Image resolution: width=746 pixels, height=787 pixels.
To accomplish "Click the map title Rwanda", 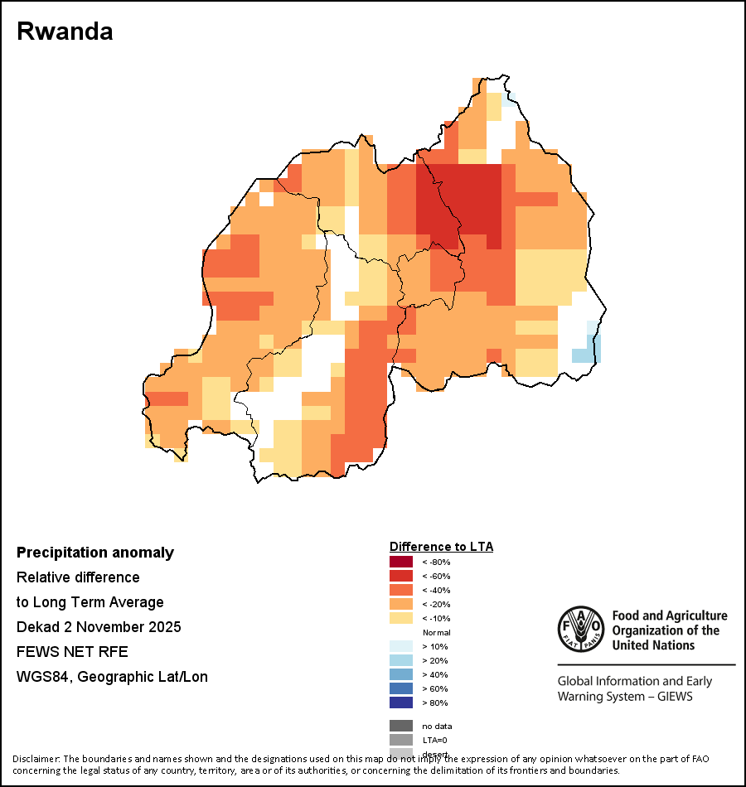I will [x=65, y=31].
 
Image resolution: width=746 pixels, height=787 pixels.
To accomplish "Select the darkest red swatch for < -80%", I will [x=400, y=562].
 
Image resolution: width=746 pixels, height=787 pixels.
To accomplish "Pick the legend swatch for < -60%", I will [x=400, y=576].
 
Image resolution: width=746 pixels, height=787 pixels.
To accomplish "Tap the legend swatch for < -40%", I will [x=400, y=590].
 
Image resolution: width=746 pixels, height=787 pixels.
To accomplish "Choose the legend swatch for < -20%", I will [x=400, y=604].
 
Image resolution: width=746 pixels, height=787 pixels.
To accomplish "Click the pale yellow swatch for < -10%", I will [x=400, y=618].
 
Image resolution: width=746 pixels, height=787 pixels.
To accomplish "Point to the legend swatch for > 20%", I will [x=400, y=660].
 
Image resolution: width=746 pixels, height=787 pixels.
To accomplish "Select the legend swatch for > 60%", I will [x=400, y=688].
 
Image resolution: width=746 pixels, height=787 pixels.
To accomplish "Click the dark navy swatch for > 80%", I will [x=400, y=703].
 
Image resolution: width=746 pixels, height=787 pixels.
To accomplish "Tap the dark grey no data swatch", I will [x=400, y=726].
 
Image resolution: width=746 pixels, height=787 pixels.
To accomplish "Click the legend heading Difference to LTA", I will [x=441, y=547].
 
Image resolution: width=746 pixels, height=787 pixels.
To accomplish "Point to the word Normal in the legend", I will [x=436, y=632].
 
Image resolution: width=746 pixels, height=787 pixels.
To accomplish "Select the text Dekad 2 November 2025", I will [x=99, y=627].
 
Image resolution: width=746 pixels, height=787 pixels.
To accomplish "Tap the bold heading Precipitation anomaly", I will [x=95, y=553].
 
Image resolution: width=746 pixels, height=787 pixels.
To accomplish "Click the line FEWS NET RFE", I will [x=72, y=652].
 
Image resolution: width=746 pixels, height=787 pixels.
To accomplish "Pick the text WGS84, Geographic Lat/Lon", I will [x=112, y=677].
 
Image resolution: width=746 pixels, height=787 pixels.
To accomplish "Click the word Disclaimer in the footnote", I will [x=36, y=759].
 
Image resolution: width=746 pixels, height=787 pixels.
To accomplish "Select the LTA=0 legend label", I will [x=435, y=740].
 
